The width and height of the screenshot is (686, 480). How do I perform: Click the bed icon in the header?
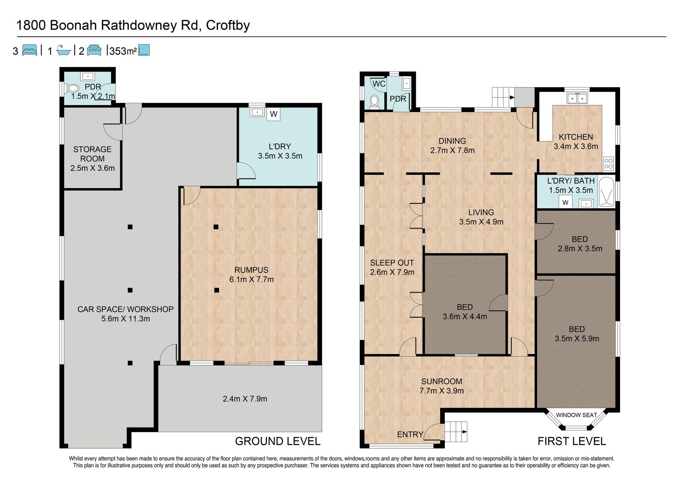click(29, 50)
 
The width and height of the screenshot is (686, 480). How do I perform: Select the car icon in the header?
click(94, 50)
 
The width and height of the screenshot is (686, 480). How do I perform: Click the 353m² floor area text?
click(123, 51)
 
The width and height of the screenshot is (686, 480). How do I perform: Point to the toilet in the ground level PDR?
click(72, 88)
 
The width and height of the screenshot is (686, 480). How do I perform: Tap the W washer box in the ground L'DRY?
click(273, 114)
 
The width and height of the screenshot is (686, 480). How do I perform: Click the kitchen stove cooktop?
click(608, 164)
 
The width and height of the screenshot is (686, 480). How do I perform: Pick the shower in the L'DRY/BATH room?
click(606, 192)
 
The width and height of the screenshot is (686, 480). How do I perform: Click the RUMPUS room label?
click(251, 270)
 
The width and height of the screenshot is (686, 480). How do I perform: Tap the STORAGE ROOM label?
click(93, 154)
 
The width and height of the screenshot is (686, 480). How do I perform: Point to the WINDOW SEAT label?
click(576, 415)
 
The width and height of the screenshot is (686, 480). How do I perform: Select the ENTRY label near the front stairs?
click(410, 434)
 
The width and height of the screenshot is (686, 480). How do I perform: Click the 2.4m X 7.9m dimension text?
click(245, 399)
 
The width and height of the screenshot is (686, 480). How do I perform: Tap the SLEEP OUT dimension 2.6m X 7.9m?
click(392, 272)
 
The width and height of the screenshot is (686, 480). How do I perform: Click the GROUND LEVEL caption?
click(278, 441)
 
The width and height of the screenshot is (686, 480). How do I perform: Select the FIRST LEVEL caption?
click(572, 441)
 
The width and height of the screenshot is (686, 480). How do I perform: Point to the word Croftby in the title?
click(228, 26)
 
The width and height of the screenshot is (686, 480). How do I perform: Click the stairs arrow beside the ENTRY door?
click(463, 431)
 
